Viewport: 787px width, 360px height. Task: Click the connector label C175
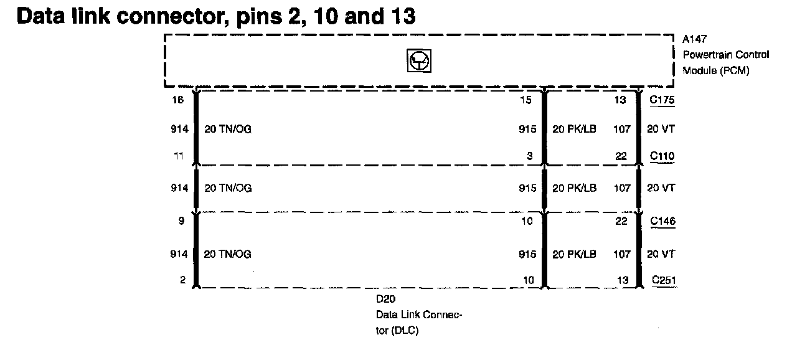[662, 100]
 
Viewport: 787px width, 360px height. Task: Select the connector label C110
[662, 156]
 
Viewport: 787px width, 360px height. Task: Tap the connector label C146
[662, 221]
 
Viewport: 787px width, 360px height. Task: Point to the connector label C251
[664, 280]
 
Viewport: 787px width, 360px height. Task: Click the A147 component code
[694, 39]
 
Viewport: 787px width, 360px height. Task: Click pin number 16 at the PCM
[178, 100]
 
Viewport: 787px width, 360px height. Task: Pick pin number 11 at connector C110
[179, 156]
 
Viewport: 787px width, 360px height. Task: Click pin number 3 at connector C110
[529, 156]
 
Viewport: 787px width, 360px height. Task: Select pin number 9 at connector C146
[181, 221]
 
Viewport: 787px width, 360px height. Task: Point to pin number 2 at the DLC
[182, 280]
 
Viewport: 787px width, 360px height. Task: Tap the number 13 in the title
[402, 16]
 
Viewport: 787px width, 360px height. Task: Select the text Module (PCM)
[715, 71]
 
